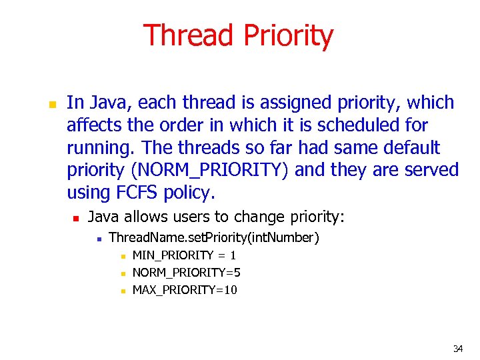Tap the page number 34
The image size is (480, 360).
click(458, 348)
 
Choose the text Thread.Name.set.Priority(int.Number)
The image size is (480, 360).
click(214, 237)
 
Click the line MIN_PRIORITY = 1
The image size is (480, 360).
click(185, 255)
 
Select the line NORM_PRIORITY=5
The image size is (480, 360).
click(187, 273)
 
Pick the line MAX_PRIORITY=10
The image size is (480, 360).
click(185, 290)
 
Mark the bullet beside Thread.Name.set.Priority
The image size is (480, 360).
click(98, 238)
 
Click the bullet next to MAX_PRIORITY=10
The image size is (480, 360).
click(122, 291)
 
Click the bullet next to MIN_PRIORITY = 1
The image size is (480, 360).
click(122, 256)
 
